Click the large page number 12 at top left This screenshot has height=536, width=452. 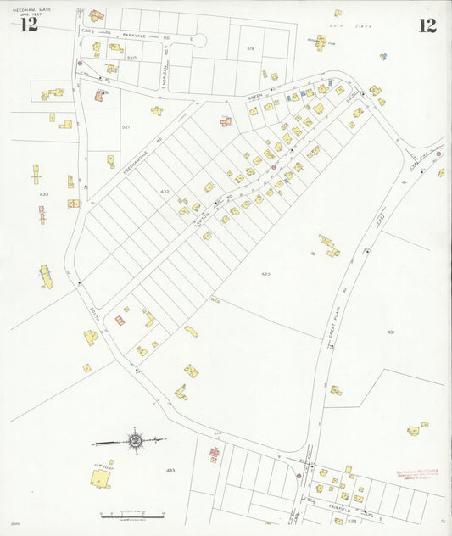tap(29, 25)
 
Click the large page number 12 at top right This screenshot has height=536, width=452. tap(427, 25)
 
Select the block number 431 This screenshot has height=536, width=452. tap(391, 332)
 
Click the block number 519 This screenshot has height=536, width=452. tap(250, 49)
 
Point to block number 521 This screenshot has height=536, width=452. tap(126, 126)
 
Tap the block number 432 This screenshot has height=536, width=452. tap(165, 192)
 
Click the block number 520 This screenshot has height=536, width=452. tap(131, 58)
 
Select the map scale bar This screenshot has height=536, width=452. tap(131, 515)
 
